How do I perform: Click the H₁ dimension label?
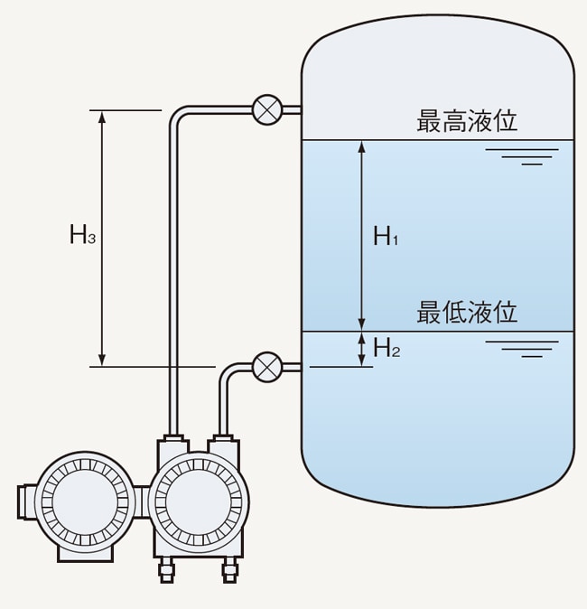click(386, 238)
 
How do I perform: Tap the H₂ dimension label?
click(386, 349)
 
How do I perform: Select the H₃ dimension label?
click(82, 237)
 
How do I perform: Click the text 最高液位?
click(467, 121)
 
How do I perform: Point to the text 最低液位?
click(467, 313)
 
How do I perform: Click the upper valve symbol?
click(266, 109)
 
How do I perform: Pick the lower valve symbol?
click(266, 366)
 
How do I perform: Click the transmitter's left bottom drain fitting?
click(166, 569)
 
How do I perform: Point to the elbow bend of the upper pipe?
click(176, 115)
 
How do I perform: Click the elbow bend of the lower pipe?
click(227, 372)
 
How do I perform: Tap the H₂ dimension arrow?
click(362, 349)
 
